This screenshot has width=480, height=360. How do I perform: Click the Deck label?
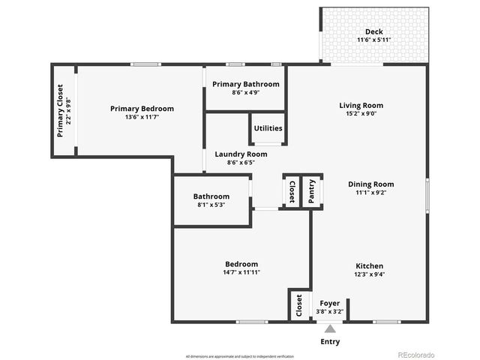click(x=373, y=31)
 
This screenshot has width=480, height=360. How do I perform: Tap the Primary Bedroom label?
click(x=142, y=109)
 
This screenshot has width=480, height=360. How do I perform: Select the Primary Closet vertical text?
click(x=61, y=118)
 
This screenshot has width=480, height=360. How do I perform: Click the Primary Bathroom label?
click(x=245, y=85)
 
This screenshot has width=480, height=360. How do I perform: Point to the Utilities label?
click(x=268, y=128)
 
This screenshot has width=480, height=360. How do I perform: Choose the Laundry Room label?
click(x=240, y=154)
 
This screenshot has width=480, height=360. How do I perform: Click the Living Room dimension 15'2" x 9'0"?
click(x=361, y=115)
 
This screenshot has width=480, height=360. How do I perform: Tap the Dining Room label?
click(x=370, y=184)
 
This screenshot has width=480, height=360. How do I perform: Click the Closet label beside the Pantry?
click(x=292, y=190)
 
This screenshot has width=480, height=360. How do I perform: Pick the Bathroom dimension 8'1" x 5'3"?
click(x=211, y=205)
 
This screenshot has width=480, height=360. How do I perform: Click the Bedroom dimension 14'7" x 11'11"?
click(x=241, y=273)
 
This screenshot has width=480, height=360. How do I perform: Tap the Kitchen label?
click(x=369, y=266)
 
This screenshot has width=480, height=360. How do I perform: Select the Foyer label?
click(x=329, y=304)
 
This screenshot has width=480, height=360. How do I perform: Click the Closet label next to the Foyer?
click(x=299, y=306)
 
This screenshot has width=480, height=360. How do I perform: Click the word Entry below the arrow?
click(x=329, y=341)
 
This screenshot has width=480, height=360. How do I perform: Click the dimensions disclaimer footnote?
click(x=240, y=355)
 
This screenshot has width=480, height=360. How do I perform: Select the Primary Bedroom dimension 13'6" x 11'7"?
click(x=142, y=117)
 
